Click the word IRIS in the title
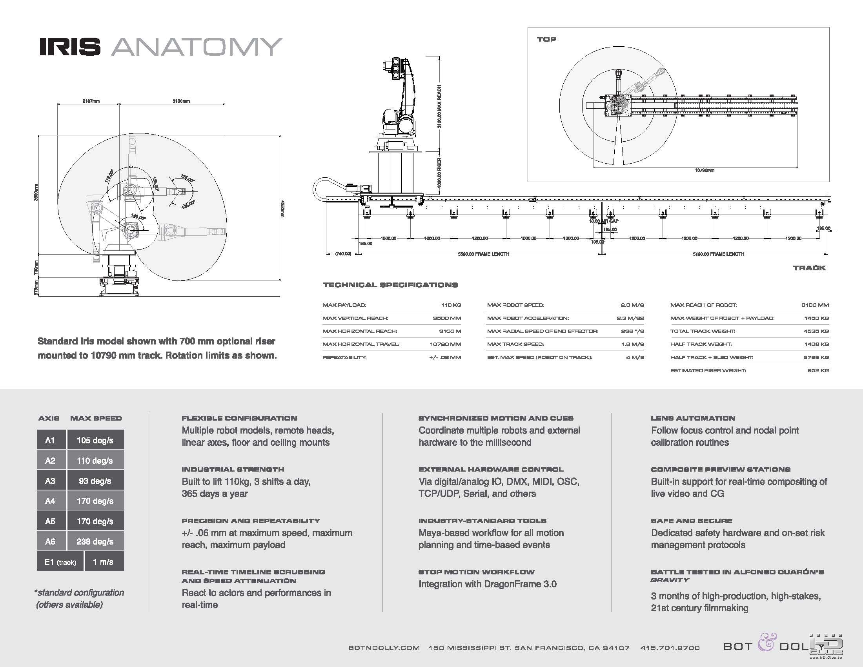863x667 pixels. click(x=69, y=47)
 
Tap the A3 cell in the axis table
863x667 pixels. click(x=50, y=481)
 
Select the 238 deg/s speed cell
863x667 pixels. click(x=95, y=541)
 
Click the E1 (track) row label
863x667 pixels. click(x=60, y=562)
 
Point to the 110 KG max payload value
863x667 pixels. click(x=451, y=305)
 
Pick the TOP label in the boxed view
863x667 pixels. click(x=546, y=39)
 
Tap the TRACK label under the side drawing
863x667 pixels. click(x=809, y=268)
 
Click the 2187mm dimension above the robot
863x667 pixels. click(x=91, y=101)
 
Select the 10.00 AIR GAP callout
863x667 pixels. click(x=604, y=221)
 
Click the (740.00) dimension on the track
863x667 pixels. click(x=343, y=254)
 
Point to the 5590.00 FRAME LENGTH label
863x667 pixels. click(x=483, y=254)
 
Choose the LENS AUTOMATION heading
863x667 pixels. click(x=693, y=418)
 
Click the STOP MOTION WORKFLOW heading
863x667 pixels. click(x=477, y=572)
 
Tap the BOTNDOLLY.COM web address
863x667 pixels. click(x=384, y=648)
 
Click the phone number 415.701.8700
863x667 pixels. click(x=670, y=648)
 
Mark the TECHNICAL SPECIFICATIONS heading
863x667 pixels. click(x=390, y=285)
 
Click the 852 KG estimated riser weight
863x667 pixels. click(x=817, y=370)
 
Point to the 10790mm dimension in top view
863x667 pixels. click(x=705, y=170)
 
